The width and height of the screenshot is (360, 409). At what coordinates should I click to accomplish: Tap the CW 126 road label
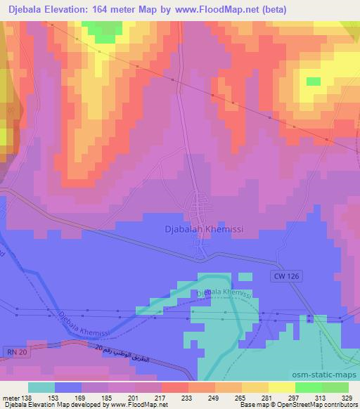click(x=284, y=278)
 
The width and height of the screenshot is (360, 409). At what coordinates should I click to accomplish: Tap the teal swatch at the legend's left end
click(x=42, y=388)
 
